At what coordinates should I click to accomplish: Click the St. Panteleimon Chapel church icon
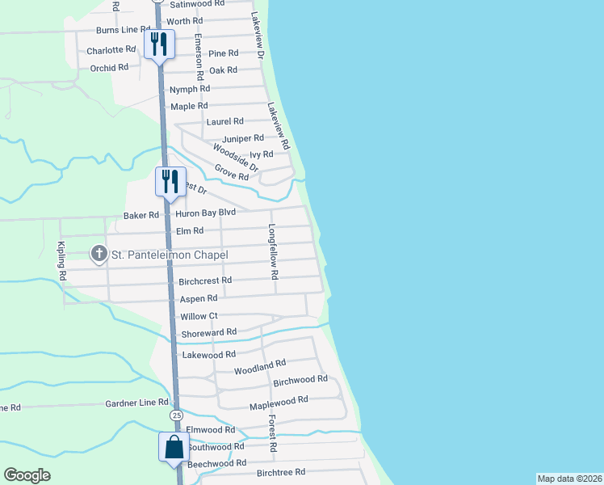99,255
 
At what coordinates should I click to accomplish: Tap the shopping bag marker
174,446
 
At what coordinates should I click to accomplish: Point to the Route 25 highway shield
176,414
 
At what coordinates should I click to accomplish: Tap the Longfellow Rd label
273,251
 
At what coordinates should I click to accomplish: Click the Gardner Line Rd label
136,402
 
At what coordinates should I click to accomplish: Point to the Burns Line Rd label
118,29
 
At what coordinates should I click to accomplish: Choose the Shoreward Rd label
208,331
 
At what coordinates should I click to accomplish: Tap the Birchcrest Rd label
205,280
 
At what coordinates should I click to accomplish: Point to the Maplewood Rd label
279,400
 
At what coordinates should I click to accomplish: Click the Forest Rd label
273,434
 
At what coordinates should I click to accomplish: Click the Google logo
27,475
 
